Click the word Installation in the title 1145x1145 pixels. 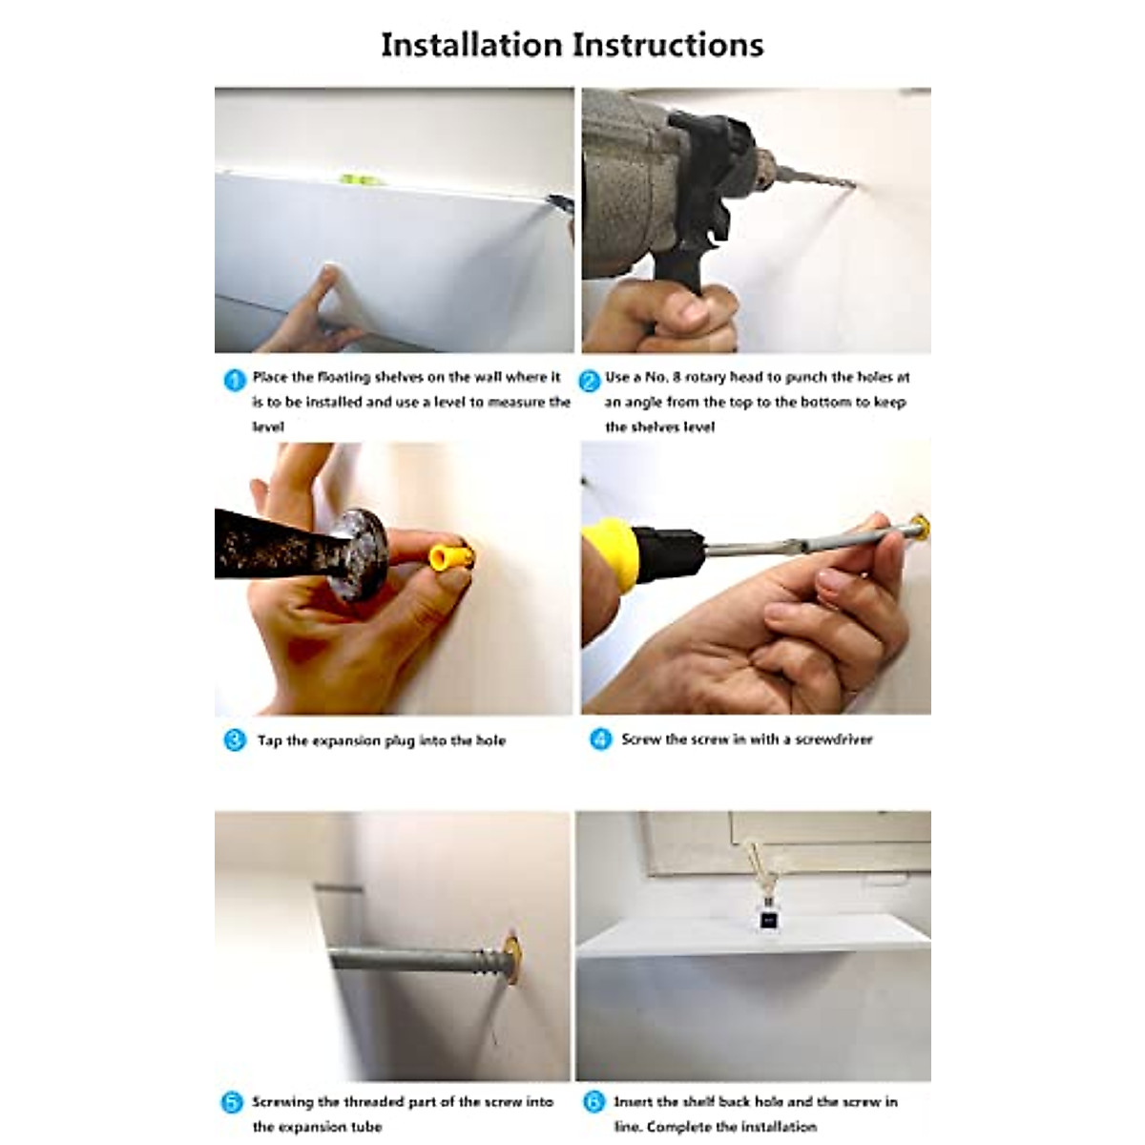click(471, 45)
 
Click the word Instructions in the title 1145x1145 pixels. click(669, 45)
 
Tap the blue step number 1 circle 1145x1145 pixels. click(235, 381)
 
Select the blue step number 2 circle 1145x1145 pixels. click(590, 381)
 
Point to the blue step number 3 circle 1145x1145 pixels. click(235, 740)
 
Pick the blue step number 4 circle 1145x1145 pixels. click(601, 739)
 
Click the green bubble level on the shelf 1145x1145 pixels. click(355, 178)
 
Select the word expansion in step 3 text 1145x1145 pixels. click(346, 741)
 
